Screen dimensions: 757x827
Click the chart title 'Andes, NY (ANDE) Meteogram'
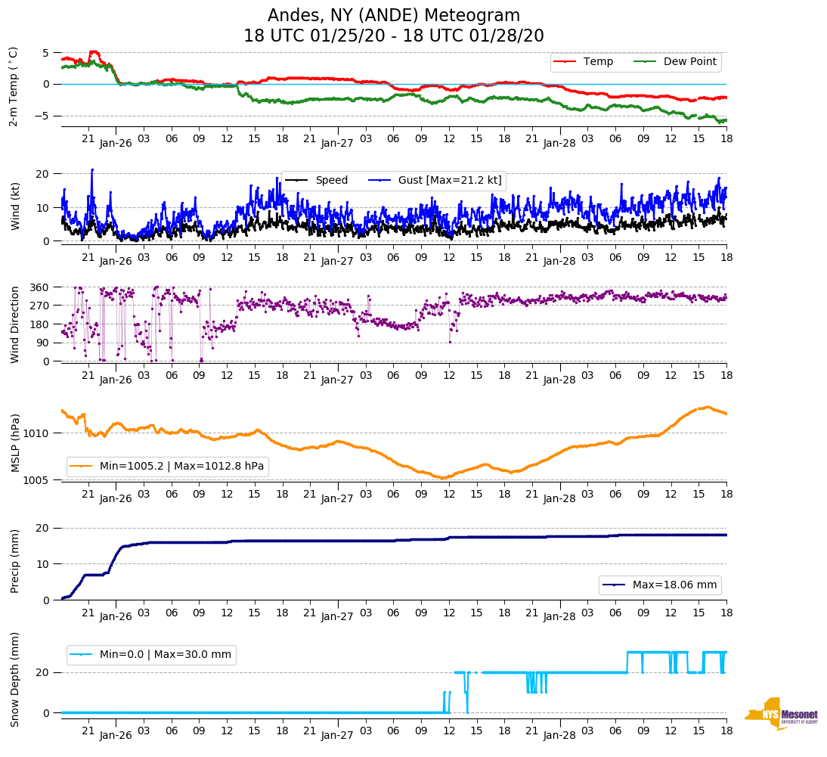click(x=394, y=15)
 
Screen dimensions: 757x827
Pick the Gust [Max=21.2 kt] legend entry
click(x=450, y=180)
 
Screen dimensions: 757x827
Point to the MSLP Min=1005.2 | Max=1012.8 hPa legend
click(x=168, y=467)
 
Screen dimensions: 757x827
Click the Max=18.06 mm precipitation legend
click(x=660, y=585)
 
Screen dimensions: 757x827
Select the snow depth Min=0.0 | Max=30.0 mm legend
click(x=151, y=655)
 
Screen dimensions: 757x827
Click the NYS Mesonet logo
click(x=781, y=714)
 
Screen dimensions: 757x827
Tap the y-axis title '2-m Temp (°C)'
click(x=14, y=86)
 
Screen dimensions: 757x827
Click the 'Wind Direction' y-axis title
click(x=14, y=324)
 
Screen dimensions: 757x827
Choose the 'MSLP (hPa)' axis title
click(x=14, y=442)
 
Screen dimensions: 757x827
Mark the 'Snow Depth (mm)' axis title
click(x=14, y=679)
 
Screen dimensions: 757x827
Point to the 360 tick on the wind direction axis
click(x=40, y=287)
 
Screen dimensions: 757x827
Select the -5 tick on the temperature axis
click(x=44, y=116)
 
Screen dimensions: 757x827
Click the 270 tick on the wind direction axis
click(x=40, y=306)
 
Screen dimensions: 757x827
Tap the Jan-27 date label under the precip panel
click(x=337, y=616)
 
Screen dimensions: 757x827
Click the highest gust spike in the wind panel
click(x=92, y=170)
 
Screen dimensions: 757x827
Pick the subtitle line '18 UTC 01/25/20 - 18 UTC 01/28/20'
click(x=394, y=36)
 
